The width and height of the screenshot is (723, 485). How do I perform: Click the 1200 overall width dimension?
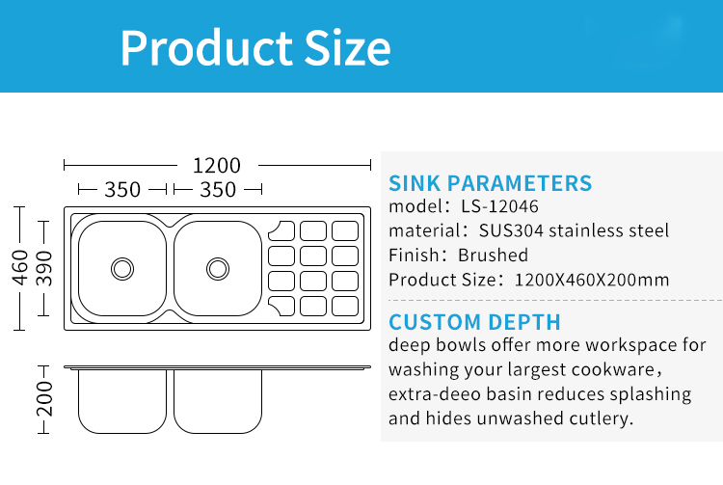coord(217,166)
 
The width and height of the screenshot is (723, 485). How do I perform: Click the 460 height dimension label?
coord(20,268)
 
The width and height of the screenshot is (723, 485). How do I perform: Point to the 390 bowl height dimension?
coord(44,268)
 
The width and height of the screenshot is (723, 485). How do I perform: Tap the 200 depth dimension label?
coord(44,399)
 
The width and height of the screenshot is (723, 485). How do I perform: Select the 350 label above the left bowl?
coord(122,190)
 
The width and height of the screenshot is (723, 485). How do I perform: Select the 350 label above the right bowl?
coord(218,190)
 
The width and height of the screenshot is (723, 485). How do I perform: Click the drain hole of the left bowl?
coord(122,269)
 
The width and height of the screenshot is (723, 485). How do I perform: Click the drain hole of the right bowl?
coord(218,269)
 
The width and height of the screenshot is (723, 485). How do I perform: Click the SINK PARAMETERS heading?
coord(490,183)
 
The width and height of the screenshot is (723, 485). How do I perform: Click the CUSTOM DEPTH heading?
coord(474,322)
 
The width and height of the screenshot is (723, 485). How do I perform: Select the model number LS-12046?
coord(499,206)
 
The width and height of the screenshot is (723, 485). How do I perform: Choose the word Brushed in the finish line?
coord(493,255)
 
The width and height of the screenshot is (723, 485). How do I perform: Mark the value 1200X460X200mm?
coord(592,280)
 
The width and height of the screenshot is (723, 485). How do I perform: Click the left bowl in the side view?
coord(122,401)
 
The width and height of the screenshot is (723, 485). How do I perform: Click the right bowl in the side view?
coord(218,401)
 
